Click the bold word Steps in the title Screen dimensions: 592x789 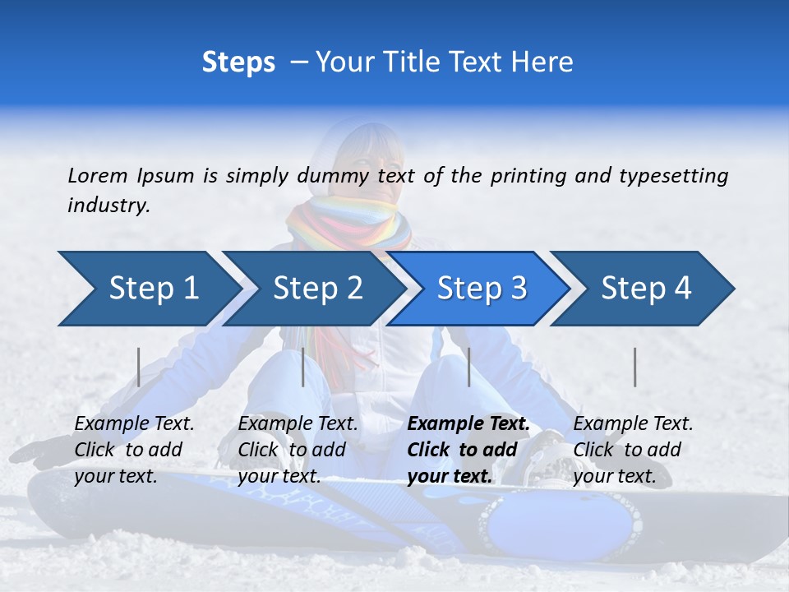pos(238,62)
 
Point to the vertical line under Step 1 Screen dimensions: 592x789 pos(139,367)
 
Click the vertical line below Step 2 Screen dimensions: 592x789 pos(303,367)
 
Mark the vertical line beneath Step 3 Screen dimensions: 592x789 pos(468,367)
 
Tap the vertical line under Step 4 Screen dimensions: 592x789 pos(634,367)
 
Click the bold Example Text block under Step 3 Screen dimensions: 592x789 pos(468,450)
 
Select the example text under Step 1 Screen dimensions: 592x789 pos(134,450)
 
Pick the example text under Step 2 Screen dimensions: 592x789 pos(298,450)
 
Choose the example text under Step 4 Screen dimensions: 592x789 pos(633,450)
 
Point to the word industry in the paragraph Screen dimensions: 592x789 pos(108,206)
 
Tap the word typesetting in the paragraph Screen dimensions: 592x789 pos(673,175)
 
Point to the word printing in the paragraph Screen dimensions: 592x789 pos(526,175)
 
